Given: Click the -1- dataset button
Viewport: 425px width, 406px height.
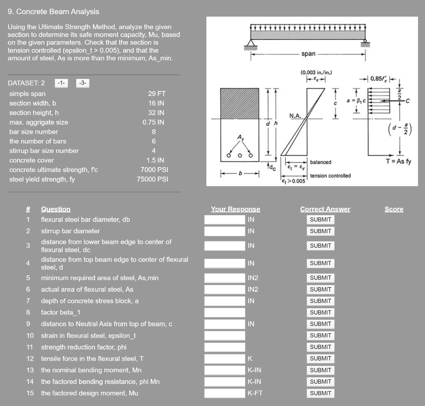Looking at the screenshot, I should pyautogui.click(x=61, y=83).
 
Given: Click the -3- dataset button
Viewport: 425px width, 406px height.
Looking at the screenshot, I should pyautogui.click(x=83, y=83).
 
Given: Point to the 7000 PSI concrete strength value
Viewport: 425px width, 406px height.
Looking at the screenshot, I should pyautogui.click(x=152, y=170).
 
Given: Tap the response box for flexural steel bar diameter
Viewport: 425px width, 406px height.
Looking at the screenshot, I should pyautogui.click(x=225, y=219).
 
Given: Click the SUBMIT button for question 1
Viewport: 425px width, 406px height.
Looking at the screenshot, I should pyautogui.click(x=320, y=219).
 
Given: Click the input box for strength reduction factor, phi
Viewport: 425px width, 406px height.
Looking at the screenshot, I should pyautogui.click(x=225, y=347).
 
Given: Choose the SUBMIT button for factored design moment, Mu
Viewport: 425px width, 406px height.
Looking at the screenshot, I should pyautogui.click(x=320, y=393).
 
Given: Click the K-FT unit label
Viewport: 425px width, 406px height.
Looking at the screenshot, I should pyautogui.click(x=255, y=393).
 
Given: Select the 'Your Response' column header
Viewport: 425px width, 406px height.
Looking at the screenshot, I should pyautogui.click(x=235, y=209).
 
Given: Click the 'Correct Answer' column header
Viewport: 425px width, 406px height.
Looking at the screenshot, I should pyautogui.click(x=325, y=209).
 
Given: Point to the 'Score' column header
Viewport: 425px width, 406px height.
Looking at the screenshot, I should pyautogui.click(x=393, y=209).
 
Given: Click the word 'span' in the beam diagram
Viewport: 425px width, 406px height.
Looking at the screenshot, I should pyautogui.click(x=308, y=54).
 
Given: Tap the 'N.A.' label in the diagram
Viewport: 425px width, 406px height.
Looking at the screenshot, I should pyautogui.click(x=295, y=116).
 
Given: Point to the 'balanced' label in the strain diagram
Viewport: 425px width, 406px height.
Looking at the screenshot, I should pyautogui.click(x=320, y=162).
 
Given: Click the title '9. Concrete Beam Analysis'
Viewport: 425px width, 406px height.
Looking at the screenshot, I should pyautogui.click(x=54, y=12).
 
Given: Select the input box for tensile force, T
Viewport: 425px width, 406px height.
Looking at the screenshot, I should pyautogui.click(x=225, y=359).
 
